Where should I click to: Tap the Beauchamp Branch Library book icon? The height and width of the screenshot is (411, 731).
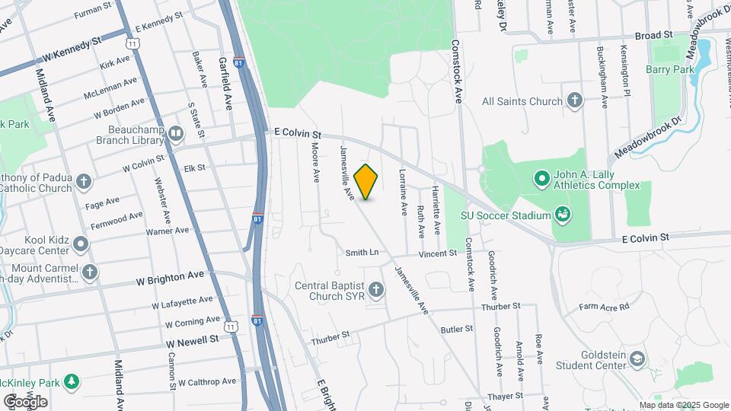177,135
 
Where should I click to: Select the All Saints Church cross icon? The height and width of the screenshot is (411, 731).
575,100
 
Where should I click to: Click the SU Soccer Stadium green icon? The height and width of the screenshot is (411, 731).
563,215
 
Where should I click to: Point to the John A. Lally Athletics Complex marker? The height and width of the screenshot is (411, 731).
542,180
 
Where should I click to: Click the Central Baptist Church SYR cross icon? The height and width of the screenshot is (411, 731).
376,290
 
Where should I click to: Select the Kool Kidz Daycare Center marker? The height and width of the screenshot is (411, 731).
81,244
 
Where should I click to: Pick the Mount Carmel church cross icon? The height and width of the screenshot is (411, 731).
90,272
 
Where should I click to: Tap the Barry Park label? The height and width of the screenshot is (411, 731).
670,69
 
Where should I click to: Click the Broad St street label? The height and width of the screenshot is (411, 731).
653,36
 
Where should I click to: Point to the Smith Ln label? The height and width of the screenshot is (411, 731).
362,252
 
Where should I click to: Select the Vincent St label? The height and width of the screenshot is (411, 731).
436,253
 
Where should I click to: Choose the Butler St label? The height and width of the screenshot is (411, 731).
457,329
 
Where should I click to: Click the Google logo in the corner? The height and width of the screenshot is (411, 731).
25,401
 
